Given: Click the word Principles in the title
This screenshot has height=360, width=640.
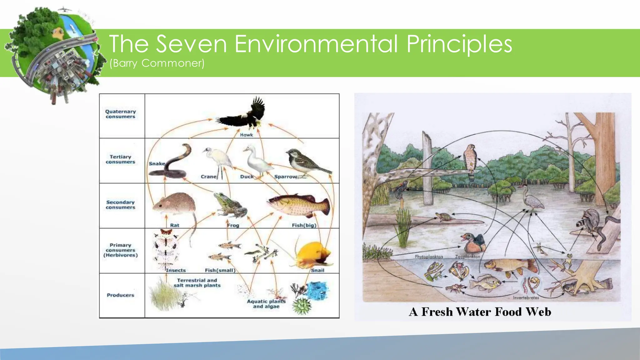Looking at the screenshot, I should pos(459,44).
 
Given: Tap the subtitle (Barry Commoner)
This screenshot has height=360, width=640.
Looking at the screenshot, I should pos(157,63).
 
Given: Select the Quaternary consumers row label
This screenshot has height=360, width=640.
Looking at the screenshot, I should pos(121,114).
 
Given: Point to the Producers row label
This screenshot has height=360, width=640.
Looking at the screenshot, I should pos(120,295).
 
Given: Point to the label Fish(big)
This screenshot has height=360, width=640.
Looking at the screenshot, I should pos(304,225).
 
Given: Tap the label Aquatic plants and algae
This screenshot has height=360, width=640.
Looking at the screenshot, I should pos(266,304).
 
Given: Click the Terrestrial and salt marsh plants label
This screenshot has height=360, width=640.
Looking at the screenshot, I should pos(197,283).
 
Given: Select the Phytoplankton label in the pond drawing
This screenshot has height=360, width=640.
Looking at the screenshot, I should pos(429,257).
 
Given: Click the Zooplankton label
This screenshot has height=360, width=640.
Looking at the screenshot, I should pos(467,257).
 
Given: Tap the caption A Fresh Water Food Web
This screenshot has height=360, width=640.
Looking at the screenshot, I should pos(480,312).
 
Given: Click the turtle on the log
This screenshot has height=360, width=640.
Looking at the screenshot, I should pos(443,217).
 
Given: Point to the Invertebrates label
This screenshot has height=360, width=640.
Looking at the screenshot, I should pos(526,298).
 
